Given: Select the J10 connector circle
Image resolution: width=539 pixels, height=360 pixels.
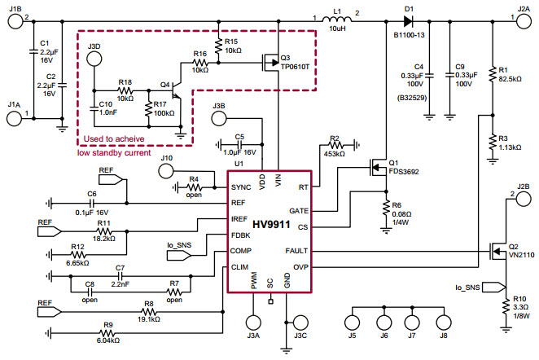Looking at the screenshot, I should tap(167, 171).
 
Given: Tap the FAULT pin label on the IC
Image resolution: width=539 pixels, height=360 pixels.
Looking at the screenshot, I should tap(297, 250).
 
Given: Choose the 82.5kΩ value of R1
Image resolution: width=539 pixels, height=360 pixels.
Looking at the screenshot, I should tap(511, 78).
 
